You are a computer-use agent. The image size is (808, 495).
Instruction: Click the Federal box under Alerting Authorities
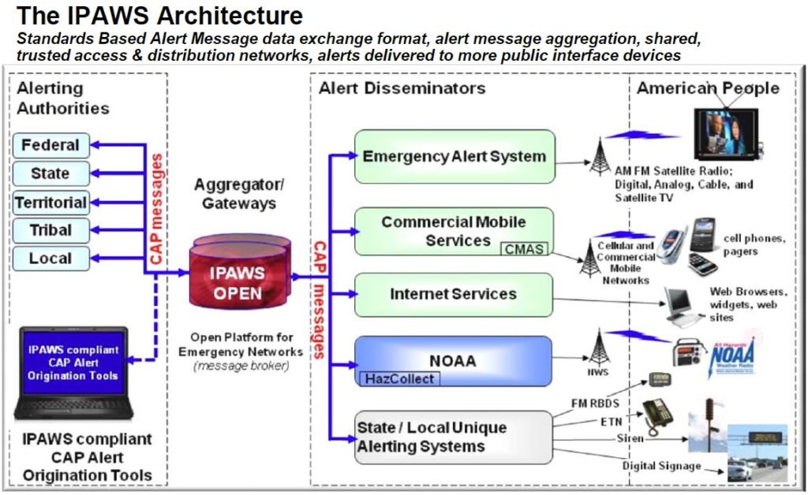pyautogui.click(x=50, y=145)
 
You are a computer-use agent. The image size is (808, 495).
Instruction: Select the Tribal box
pyautogui.click(x=50, y=230)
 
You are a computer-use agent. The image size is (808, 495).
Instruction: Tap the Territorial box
pyautogui.click(x=50, y=203)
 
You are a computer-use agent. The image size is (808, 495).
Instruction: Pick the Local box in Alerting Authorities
pyautogui.click(x=50, y=259)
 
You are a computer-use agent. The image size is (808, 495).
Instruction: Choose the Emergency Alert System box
pyautogui.click(x=454, y=156)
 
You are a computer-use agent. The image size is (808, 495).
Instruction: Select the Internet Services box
pyautogui.click(x=454, y=294)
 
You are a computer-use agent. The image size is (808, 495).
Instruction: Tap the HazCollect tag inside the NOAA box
pyautogui.click(x=398, y=378)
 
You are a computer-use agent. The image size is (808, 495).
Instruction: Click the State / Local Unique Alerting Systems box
pyautogui.click(x=454, y=437)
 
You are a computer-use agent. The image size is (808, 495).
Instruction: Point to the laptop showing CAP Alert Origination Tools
pyautogui.click(x=73, y=372)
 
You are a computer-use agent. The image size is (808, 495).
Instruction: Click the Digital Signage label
pyautogui.click(x=661, y=466)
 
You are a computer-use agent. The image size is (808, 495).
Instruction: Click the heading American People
pyautogui.click(x=708, y=88)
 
